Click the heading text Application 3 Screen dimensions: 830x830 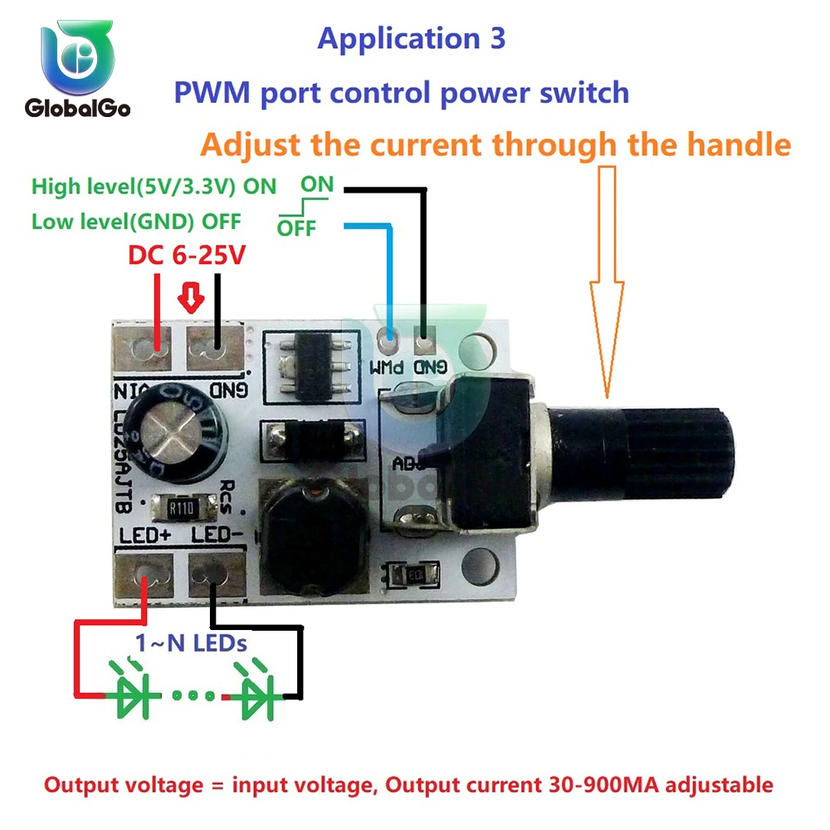[x=411, y=38]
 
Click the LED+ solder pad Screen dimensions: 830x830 [x=150, y=573]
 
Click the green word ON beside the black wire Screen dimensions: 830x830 [x=316, y=185]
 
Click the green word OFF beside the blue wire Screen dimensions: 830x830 [x=296, y=228]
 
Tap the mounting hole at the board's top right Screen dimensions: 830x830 [x=480, y=342]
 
